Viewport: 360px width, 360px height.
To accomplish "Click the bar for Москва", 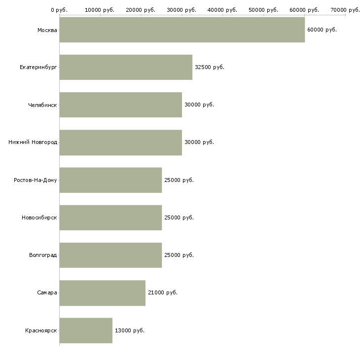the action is click(182, 30).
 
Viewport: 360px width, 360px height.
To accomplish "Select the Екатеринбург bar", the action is click(126, 67).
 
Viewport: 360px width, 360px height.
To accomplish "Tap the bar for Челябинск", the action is click(121, 105).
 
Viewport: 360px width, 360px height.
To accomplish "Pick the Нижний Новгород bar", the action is click(121, 143).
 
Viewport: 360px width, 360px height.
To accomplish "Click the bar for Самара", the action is click(103, 293).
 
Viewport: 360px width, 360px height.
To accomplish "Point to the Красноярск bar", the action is click(86, 330).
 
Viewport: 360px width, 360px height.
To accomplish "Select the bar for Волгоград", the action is click(110, 255).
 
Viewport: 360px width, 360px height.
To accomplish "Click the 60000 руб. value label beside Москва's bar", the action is click(322, 30).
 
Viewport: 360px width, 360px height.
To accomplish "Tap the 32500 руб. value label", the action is click(210, 67).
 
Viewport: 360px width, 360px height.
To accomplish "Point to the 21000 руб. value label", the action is click(163, 293).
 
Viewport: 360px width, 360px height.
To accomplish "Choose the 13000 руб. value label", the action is click(130, 330).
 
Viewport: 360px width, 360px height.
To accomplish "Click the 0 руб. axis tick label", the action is click(59, 10).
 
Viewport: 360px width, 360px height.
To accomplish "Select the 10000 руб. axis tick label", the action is click(100, 10).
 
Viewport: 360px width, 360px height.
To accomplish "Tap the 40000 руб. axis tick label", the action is click(222, 10).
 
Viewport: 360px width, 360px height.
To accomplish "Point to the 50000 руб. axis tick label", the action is click(263, 10).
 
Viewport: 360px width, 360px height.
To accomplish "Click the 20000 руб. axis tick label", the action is click(141, 10).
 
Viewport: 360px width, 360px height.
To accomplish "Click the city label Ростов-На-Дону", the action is click(36, 180).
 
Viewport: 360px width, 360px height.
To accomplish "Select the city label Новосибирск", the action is click(39, 217).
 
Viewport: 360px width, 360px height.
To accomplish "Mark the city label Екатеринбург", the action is click(38, 68).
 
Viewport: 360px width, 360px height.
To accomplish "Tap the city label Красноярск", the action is click(41, 330).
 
